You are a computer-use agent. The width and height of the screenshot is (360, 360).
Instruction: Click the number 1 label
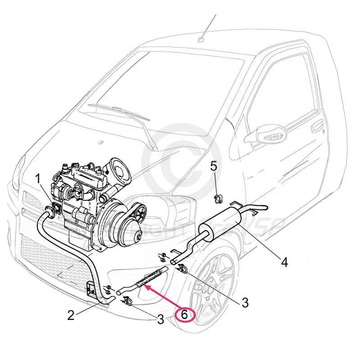[x=39, y=179]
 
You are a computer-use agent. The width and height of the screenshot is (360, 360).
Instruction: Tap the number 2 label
[x=71, y=315]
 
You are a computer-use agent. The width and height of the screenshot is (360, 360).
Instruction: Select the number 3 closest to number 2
[x=160, y=319]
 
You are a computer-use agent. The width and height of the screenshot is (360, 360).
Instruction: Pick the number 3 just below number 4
[x=245, y=302]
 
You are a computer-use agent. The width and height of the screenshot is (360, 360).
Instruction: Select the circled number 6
[x=184, y=315]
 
